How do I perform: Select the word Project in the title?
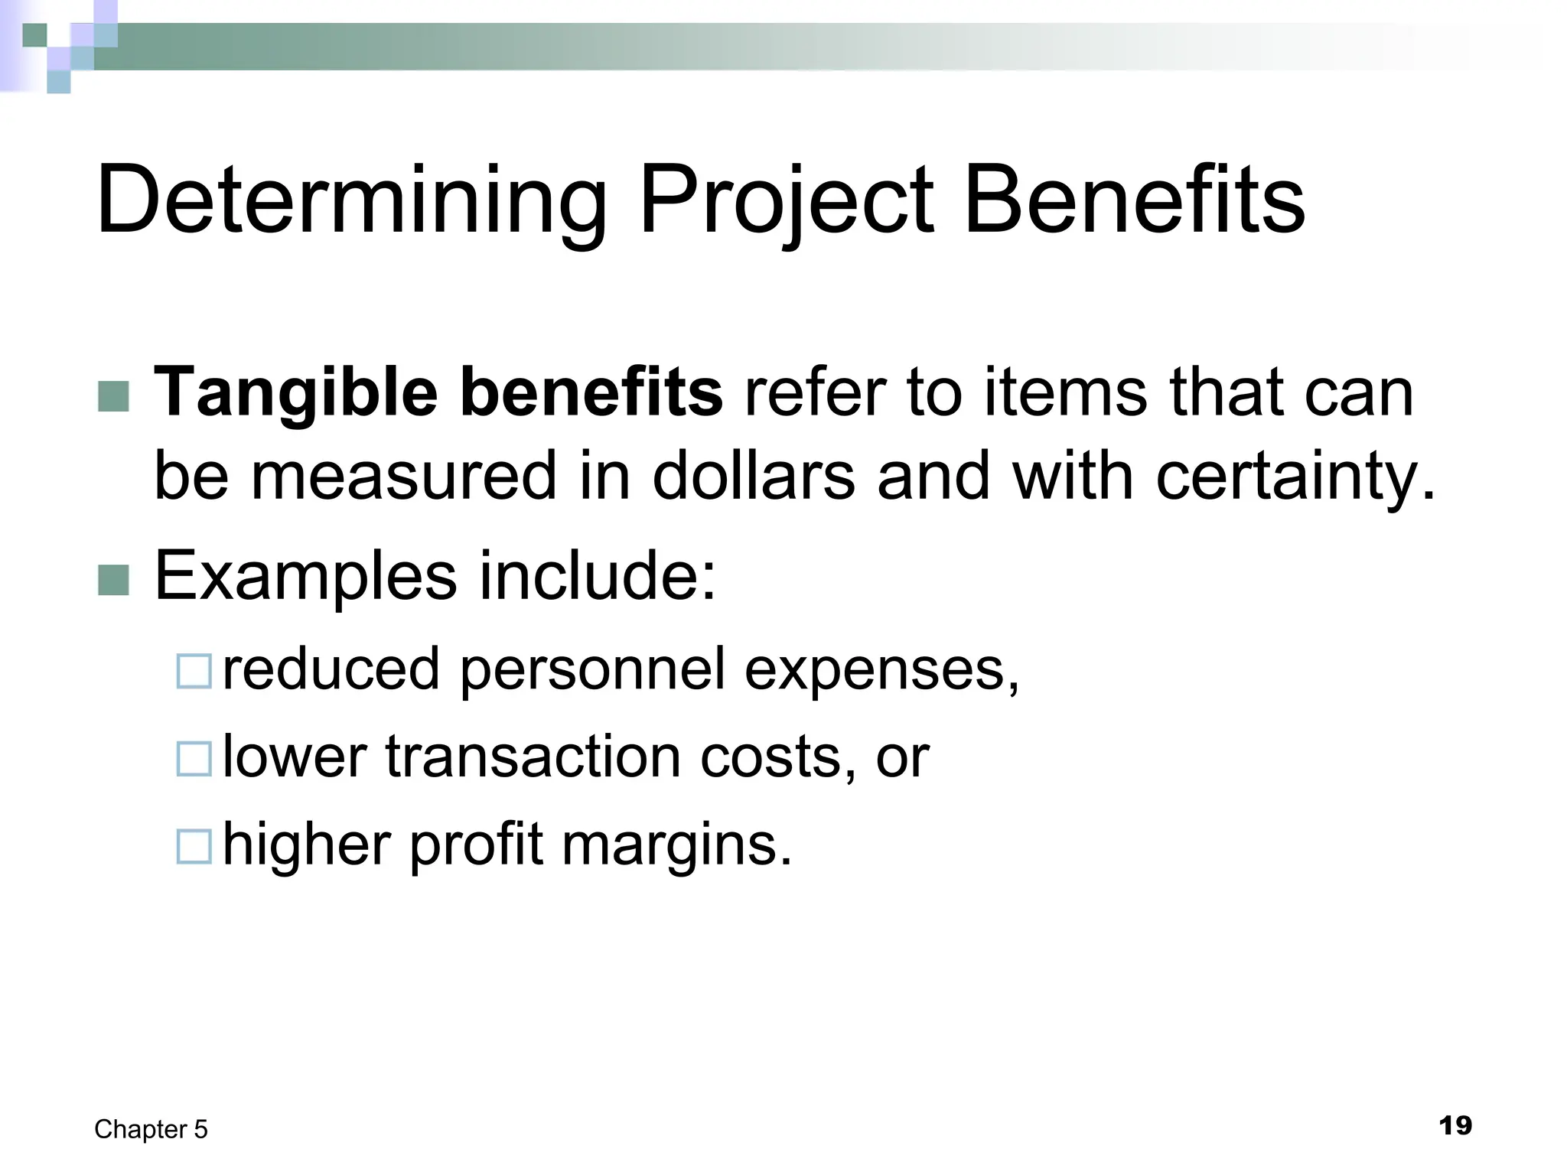coord(786,200)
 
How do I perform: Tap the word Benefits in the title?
coord(1134,200)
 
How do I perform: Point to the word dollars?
coord(753,477)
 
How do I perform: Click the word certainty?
coord(1293,477)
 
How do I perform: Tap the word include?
coord(597,575)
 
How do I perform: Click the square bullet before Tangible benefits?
coord(114,396)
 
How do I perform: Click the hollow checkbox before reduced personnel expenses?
coord(194,671)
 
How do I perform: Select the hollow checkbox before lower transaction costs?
coord(194,759)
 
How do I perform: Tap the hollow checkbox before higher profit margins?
coord(194,847)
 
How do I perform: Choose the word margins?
coord(676,845)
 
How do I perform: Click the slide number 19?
coord(1455,1126)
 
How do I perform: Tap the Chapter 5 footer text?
coord(151,1129)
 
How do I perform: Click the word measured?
coord(403,477)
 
